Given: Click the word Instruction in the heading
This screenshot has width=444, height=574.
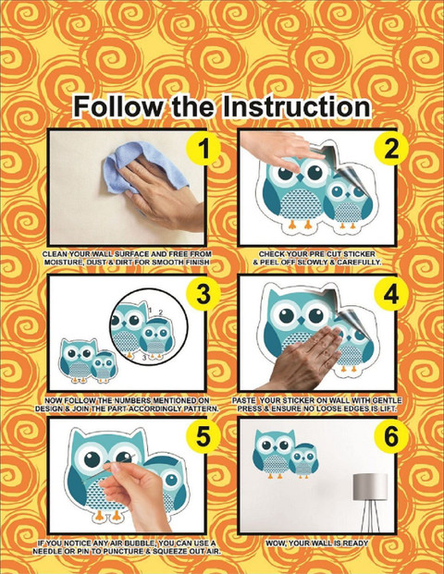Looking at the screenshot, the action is pyautogui.click(x=296, y=106).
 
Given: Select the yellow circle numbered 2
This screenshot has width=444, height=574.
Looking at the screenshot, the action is pyautogui.click(x=391, y=148).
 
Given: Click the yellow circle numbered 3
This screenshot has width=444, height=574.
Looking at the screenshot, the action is pyautogui.click(x=203, y=294).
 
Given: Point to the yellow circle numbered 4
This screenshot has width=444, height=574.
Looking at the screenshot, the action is pyautogui.click(x=391, y=294).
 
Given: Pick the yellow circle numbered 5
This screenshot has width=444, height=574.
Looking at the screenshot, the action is pyautogui.click(x=203, y=436).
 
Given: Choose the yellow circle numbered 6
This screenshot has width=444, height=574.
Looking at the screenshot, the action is pyautogui.click(x=391, y=436).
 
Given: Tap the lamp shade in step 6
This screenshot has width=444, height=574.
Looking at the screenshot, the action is pyautogui.click(x=370, y=486).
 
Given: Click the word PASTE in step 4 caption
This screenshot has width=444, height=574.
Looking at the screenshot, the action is pyautogui.click(x=243, y=400).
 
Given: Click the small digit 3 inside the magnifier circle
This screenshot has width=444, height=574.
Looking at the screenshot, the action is pyautogui.click(x=144, y=358).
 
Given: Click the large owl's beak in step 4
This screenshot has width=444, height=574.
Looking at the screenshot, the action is pyautogui.click(x=302, y=321).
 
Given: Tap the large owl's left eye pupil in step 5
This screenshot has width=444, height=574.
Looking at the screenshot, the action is pyautogui.click(x=92, y=458).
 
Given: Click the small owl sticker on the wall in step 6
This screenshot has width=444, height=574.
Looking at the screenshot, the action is pyautogui.click(x=304, y=459).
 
